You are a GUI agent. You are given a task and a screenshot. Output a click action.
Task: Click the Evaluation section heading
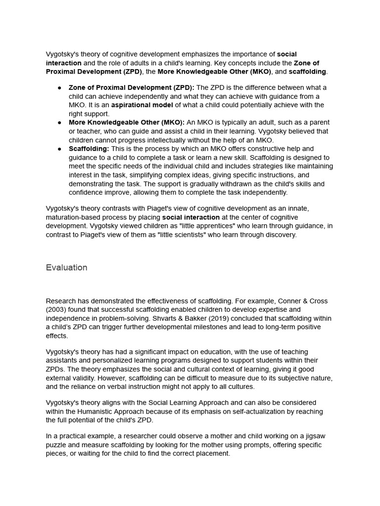tap(66, 267)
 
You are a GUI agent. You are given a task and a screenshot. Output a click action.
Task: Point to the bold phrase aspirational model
tap(142, 105)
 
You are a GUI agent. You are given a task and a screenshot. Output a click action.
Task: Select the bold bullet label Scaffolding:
tap(89, 149)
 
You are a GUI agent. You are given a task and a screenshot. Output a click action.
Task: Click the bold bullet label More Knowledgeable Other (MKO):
tap(127, 122)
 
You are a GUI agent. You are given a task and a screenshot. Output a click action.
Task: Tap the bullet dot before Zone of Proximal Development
tap(59, 87)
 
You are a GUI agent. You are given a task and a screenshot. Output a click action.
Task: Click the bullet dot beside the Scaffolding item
tap(59, 149)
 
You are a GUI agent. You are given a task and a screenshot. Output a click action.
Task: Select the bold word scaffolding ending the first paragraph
tap(307, 72)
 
